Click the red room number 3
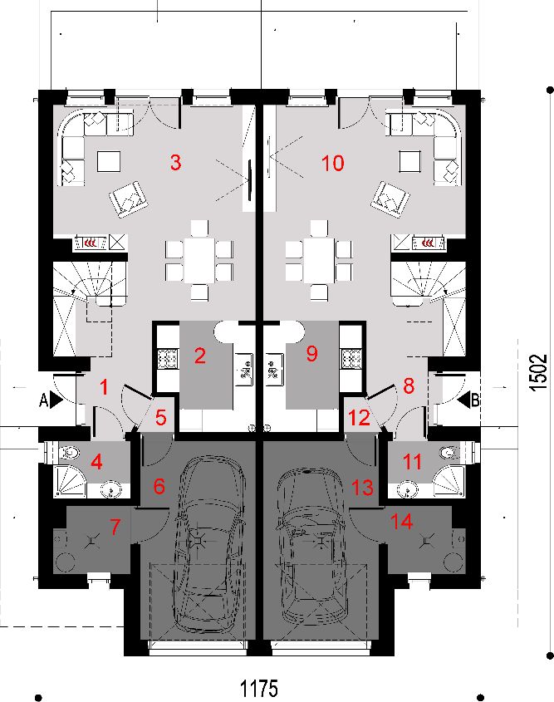click(x=176, y=162)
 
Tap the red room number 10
click(x=333, y=163)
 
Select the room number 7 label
click(x=115, y=527)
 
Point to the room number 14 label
click(x=401, y=522)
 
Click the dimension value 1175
click(x=259, y=688)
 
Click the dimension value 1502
click(x=538, y=372)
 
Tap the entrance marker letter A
click(x=43, y=400)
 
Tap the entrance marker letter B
click(x=475, y=400)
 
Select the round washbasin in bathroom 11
click(x=407, y=489)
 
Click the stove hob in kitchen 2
click(x=168, y=358)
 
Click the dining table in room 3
click(x=199, y=260)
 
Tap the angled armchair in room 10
click(x=390, y=199)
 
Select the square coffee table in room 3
click(x=109, y=161)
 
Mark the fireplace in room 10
click(x=429, y=243)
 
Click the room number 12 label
click(x=359, y=418)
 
